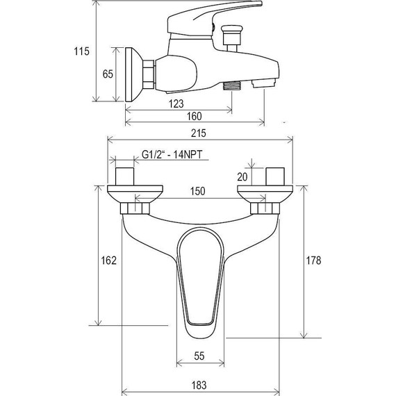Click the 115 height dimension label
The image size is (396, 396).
pos(81,51)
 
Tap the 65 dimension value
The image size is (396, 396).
pos(108,74)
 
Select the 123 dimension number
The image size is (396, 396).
pos(176,104)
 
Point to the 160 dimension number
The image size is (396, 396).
pos(195,117)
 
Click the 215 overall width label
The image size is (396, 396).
pos(199,133)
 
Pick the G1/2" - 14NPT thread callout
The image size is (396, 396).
pos(172,154)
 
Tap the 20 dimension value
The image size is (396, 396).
pos(242,177)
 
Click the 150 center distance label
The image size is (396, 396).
pos(197,191)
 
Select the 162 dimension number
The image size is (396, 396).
pos(108,261)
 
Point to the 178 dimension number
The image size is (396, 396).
pos(313,261)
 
